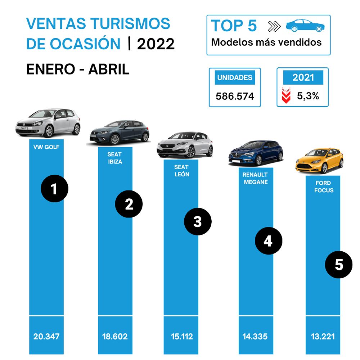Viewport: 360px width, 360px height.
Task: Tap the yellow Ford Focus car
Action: pyautogui.click(x=319, y=161)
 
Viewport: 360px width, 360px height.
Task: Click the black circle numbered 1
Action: pyautogui.click(x=54, y=189)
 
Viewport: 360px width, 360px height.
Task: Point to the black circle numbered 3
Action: pyautogui.click(x=198, y=222)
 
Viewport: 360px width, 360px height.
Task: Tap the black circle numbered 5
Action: pyautogui.click(x=339, y=265)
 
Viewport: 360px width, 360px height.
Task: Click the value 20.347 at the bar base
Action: pyautogui.click(x=46, y=337)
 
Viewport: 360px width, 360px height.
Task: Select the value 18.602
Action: pyautogui.click(x=115, y=337)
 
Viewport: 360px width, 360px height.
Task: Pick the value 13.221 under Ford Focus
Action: pyautogui.click(x=323, y=337)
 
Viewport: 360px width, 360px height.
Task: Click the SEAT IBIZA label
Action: pyautogui.click(x=114, y=158)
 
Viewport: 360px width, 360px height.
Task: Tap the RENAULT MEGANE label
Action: pyautogui.click(x=255, y=178)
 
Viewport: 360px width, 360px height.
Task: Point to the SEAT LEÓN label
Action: pyautogui.click(x=181, y=171)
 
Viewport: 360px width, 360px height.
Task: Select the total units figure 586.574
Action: pyautogui.click(x=235, y=96)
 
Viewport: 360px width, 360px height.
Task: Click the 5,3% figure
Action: pyautogui.click(x=308, y=96)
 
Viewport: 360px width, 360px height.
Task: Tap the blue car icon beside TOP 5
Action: pyautogui.click(x=305, y=26)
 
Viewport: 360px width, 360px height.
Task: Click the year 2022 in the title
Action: pyautogui.click(x=156, y=44)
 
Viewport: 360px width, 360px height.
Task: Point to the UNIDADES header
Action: pyautogui.click(x=235, y=78)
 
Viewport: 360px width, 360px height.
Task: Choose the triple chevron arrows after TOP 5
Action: pyautogui.click(x=274, y=26)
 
